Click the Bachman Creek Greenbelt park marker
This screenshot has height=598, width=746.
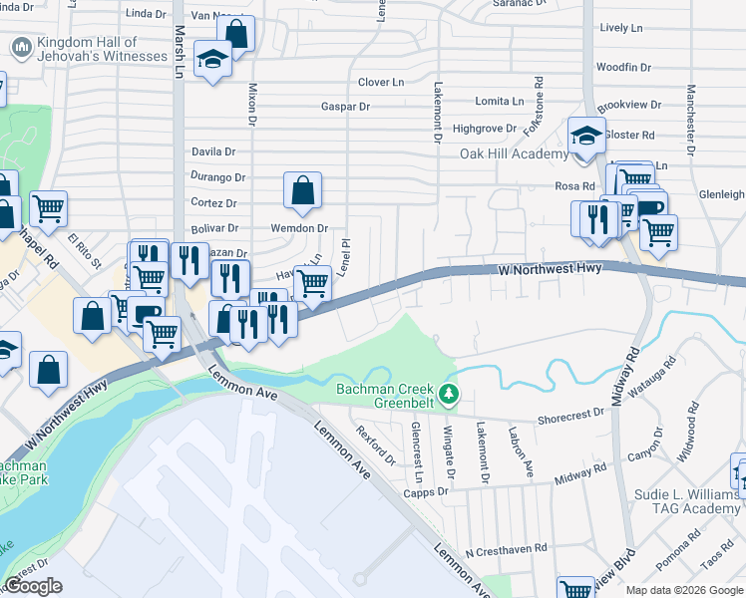coord(450,396)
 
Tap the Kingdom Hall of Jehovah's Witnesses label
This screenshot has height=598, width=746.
coord(102,49)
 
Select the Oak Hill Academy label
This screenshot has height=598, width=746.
coord(514,153)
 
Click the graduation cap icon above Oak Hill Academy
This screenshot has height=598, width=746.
coord(586,135)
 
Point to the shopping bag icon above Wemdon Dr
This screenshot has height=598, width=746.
coord(302,190)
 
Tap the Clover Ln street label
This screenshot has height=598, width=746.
coord(381,82)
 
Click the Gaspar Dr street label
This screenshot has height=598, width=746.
coord(345,107)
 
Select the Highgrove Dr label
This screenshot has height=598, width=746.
coord(484,129)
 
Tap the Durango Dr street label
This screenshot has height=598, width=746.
coord(217,177)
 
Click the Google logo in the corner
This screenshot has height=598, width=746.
coord(32,586)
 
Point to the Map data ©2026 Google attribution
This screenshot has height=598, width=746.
coord(684,590)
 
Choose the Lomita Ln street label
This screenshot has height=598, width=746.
coord(500,102)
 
